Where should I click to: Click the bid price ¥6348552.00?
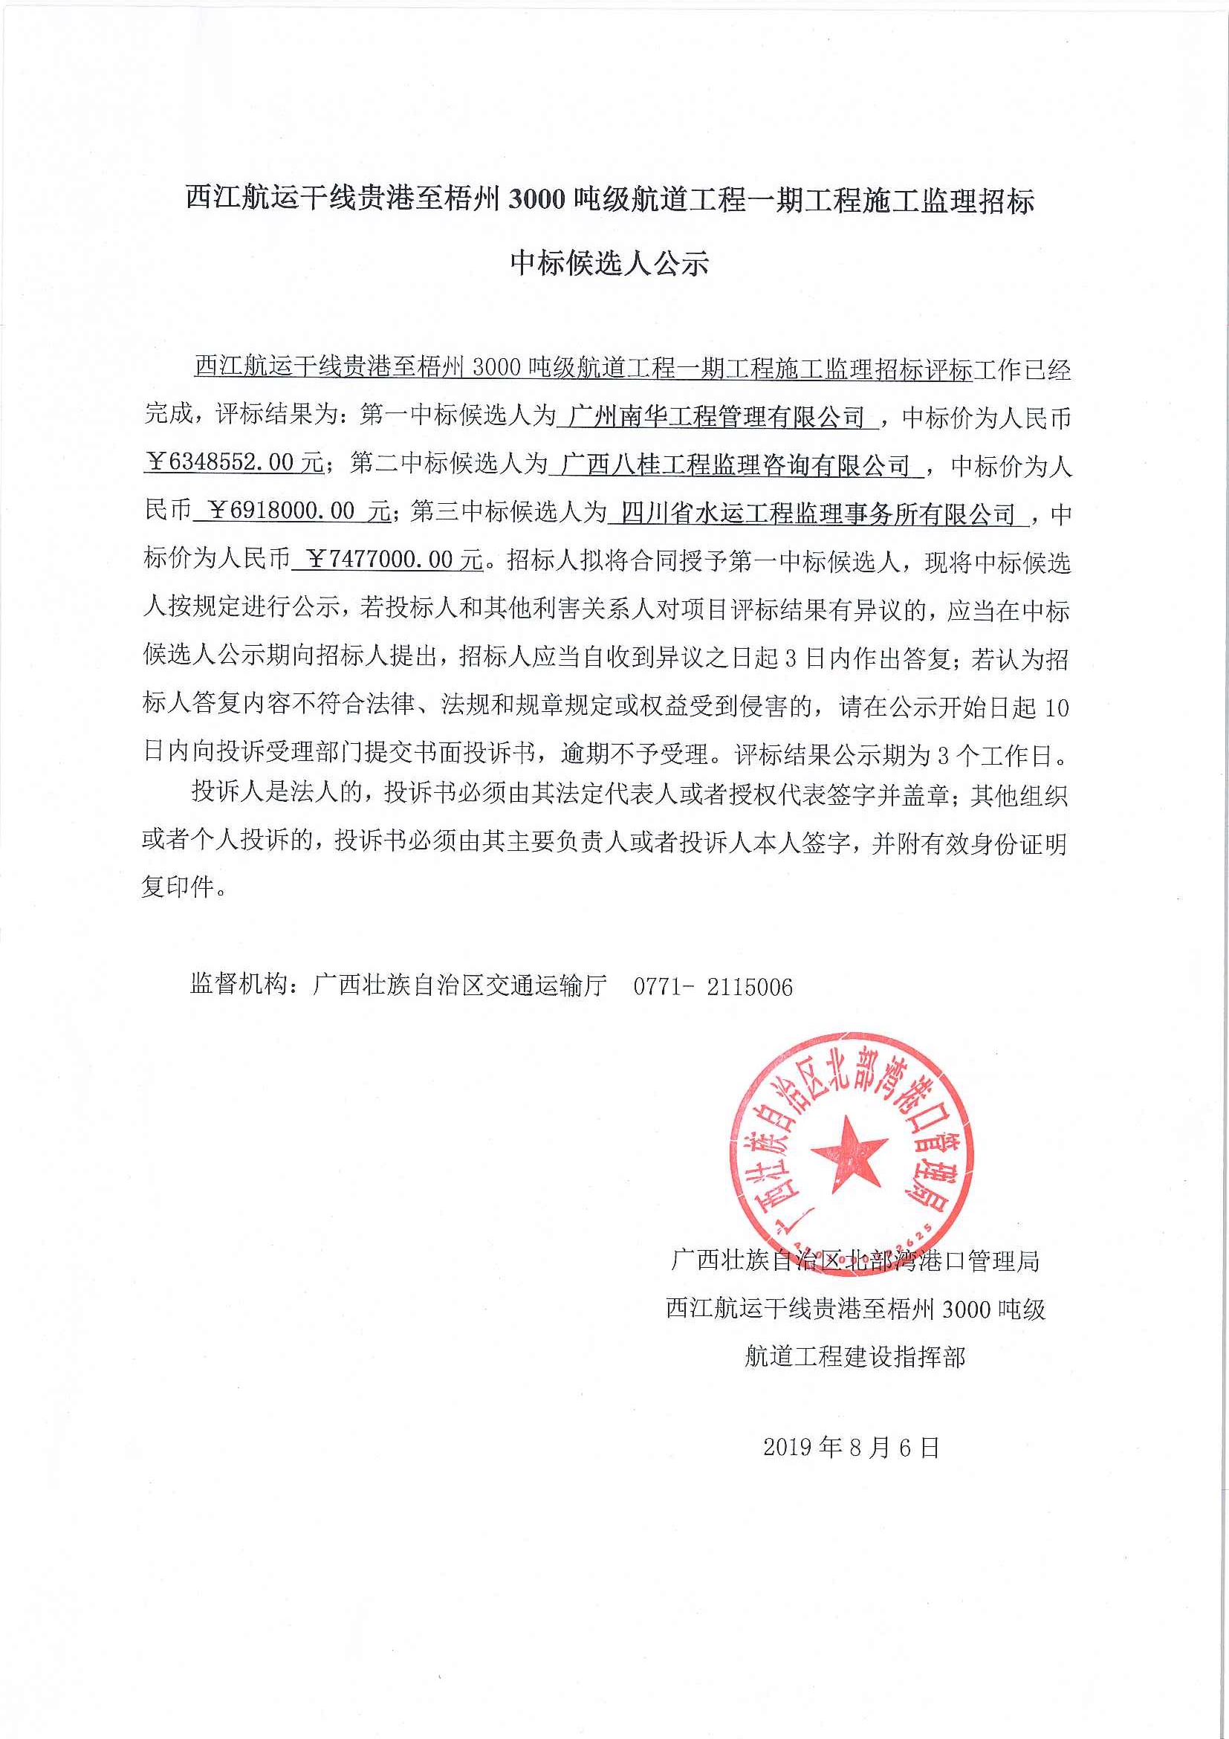coord(235,463)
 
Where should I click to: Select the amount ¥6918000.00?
coord(292,511)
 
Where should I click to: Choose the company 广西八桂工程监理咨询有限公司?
coord(736,464)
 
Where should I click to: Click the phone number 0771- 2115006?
coord(713,986)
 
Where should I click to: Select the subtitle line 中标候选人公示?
coord(609,263)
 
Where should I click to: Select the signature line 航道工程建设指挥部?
coord(855,1356)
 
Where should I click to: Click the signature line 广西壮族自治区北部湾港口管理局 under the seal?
coord(855,1261)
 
